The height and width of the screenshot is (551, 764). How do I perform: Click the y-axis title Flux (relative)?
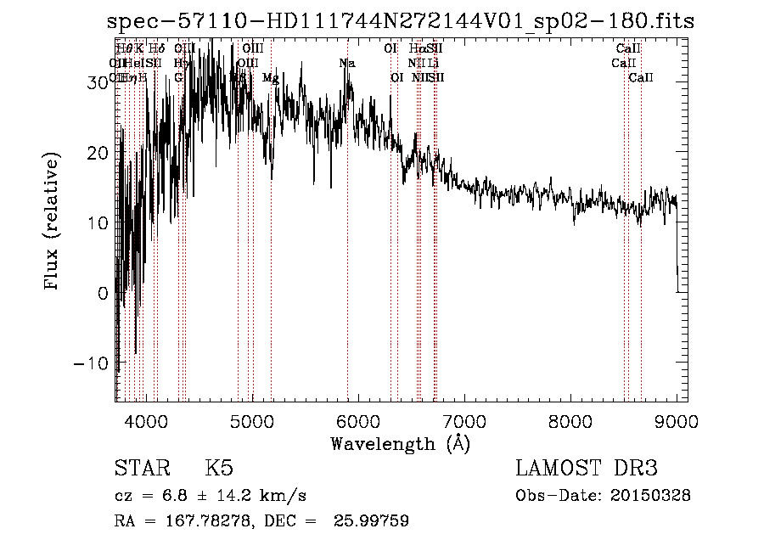point(53,222)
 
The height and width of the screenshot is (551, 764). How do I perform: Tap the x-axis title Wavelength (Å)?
point(400,442)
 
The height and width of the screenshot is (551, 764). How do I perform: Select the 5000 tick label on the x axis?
point(252,420)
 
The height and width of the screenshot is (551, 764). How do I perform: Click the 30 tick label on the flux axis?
point(96,82)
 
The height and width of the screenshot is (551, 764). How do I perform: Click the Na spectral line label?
point(346,63)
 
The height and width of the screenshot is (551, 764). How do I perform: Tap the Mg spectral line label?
point(271,77)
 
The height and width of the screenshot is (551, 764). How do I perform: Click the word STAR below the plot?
point(140,468)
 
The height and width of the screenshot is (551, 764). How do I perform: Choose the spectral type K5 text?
point(219,468)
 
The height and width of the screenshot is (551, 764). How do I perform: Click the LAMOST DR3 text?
point(586,468)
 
